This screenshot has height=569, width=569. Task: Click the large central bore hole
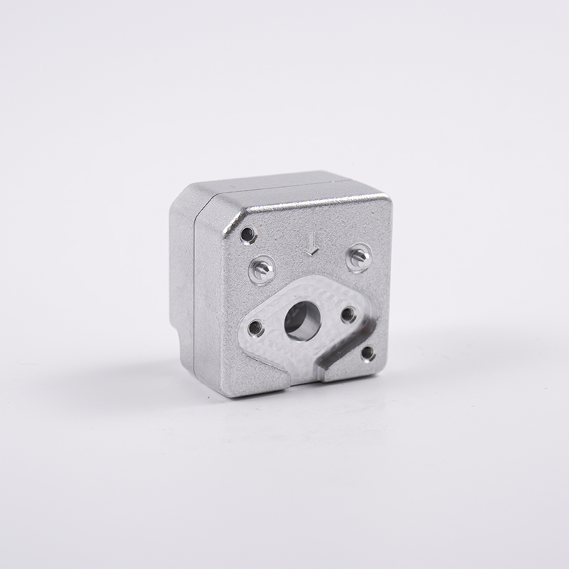[x=302, y=321]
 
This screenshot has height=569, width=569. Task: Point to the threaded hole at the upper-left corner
[x=248, y=233]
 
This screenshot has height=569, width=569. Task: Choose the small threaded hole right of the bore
[x=349, y=314]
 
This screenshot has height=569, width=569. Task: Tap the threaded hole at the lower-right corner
[x=368, y=352]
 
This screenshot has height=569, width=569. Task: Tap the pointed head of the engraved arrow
[x=311, y=252]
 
